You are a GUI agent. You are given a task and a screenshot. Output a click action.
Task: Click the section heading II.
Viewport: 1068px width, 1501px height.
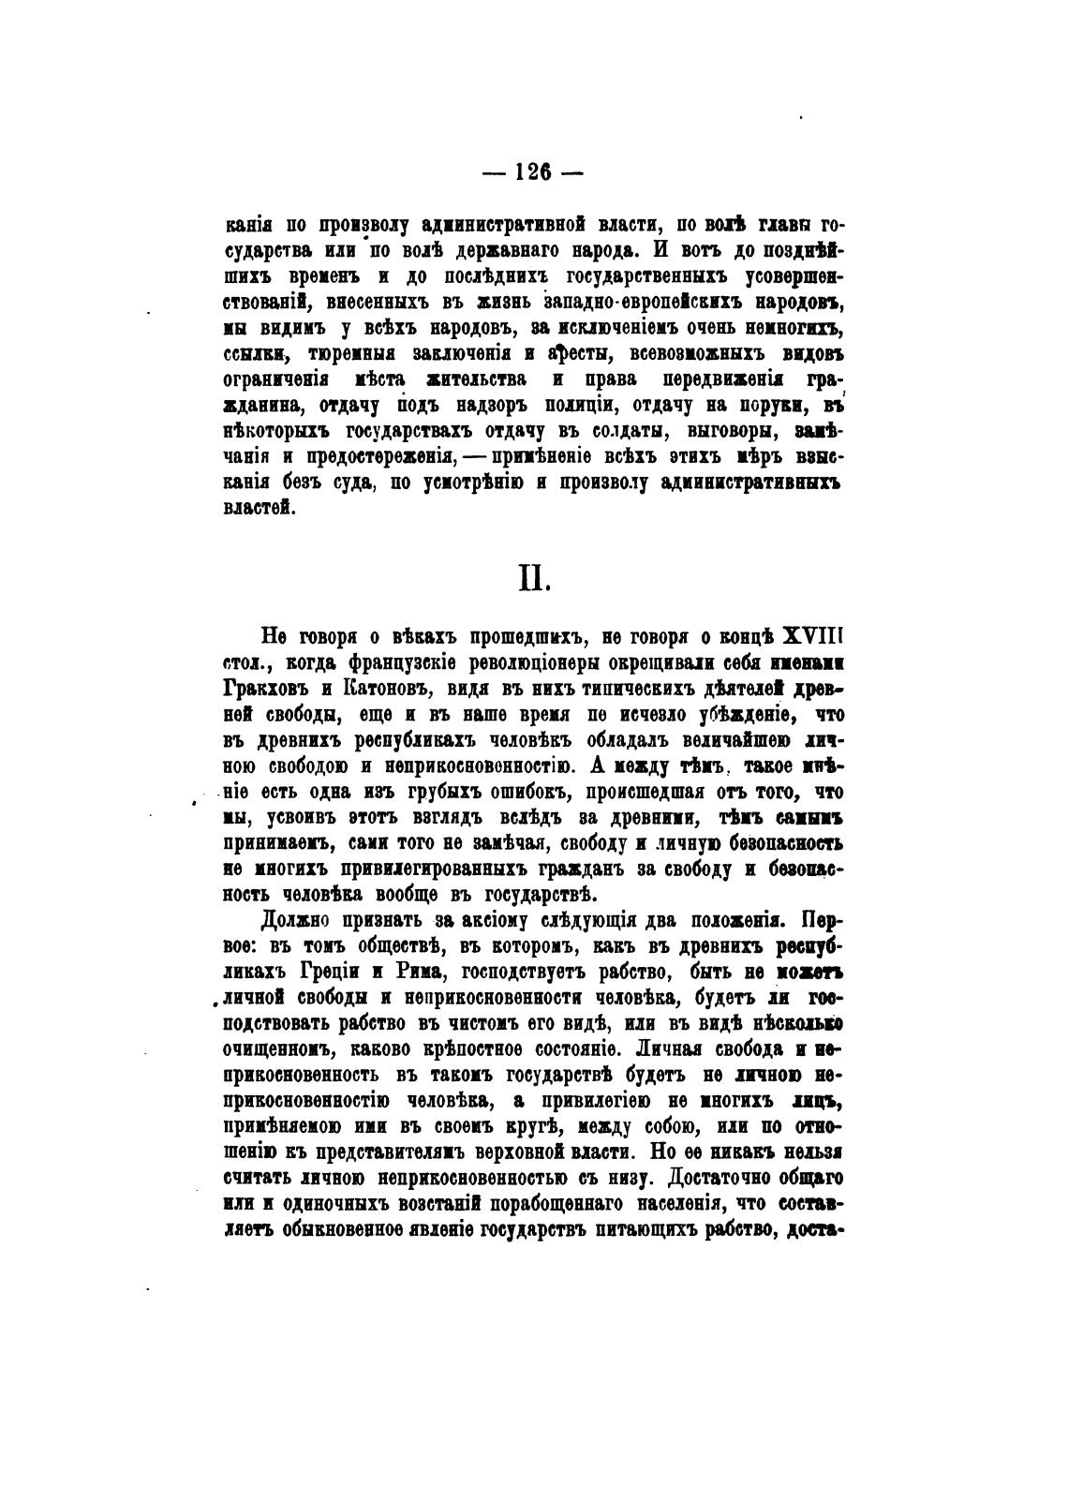point(532,579)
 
